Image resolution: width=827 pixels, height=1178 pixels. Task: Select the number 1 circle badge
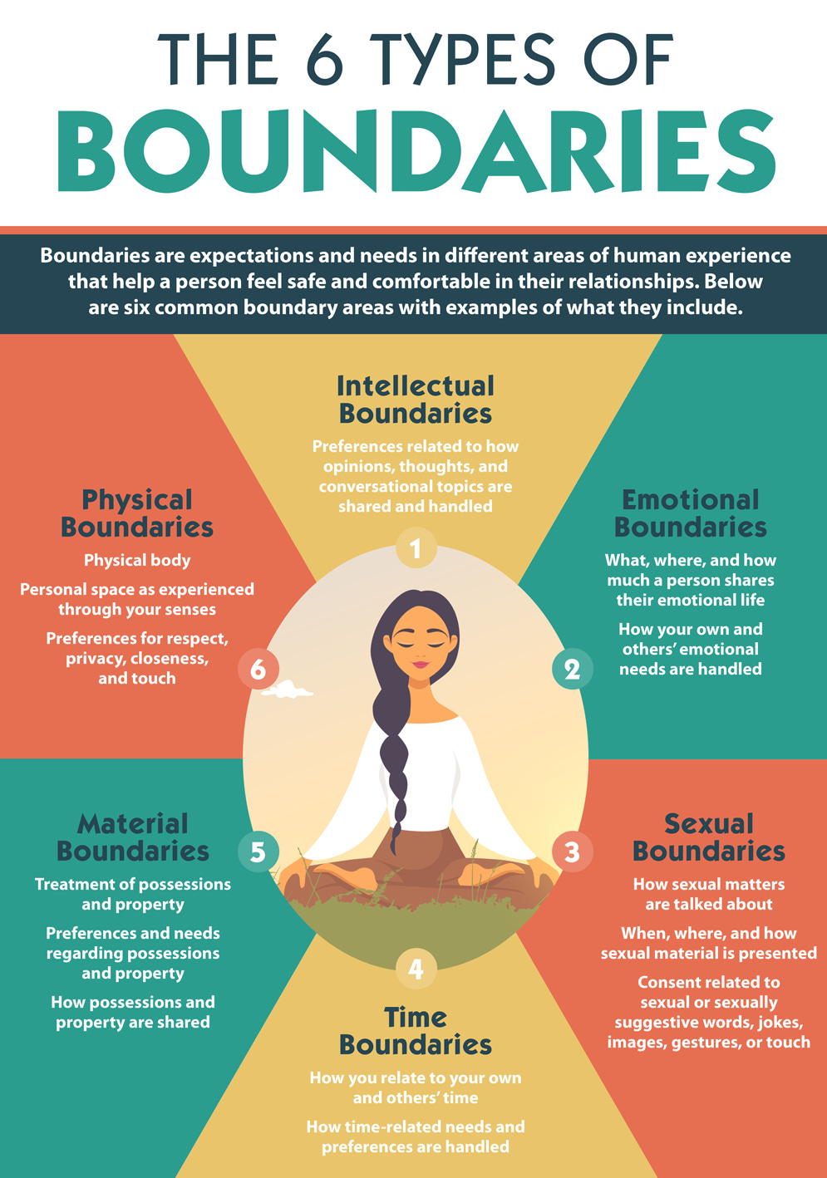(416, 548)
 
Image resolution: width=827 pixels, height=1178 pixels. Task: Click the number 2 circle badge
(572, 670)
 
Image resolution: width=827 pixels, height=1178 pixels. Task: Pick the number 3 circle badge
(572, 852)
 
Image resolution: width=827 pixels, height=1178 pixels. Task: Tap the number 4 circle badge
(416, 969)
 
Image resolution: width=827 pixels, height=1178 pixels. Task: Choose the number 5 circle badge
(258, 852)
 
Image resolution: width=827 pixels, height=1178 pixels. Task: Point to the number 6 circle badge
(258, 669)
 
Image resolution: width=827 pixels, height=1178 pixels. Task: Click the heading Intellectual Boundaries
(416, 400)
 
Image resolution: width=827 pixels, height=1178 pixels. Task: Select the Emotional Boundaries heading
(690, 513)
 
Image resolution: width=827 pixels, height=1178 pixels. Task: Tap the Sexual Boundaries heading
(708, 837)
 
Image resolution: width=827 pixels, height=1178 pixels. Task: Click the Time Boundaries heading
(416, 1031)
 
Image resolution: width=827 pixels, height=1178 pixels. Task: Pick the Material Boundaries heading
(133, 837)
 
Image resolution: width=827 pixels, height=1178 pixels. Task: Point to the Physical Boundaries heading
(137, 513)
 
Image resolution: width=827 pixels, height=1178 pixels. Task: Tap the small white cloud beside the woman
(290, 689)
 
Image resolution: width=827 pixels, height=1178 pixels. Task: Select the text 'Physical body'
(137, 561)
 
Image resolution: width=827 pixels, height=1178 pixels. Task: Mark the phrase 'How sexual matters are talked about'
(708, 895)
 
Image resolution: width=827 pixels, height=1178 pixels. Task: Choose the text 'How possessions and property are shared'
(133, 1013)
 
